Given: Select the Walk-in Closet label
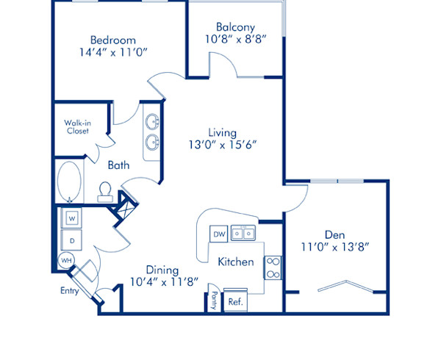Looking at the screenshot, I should point(76,126).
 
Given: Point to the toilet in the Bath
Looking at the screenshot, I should point(104,192).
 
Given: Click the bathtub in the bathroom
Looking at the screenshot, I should point(69,180).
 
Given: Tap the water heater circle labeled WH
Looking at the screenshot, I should point(66,260).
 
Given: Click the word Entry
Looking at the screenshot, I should point(70,291).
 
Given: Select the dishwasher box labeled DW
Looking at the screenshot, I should point(218,234).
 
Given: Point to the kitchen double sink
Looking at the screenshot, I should point(243,234).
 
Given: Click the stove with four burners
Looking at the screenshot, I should point(273,267).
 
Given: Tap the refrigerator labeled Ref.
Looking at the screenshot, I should point(235,301).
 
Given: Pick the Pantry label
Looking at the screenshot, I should point(214,300).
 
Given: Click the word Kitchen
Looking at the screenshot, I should point(236,262).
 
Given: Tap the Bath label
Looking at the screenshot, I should point(118,165).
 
